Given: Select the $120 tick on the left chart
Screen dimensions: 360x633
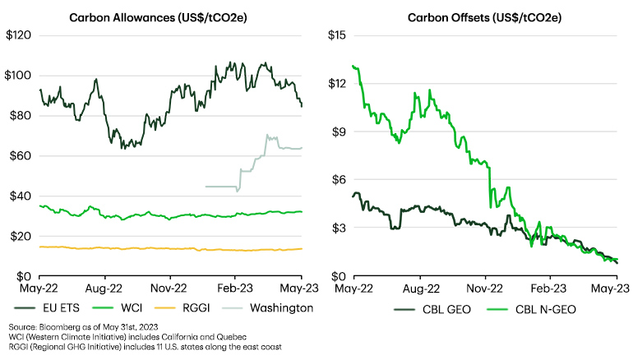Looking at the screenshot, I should [19, 35].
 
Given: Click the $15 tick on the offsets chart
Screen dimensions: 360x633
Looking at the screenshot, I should [337, 35].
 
